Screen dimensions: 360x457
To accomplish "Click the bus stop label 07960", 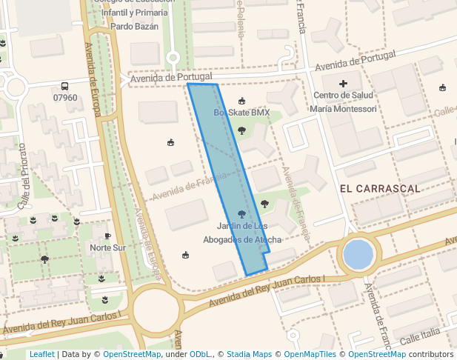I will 65,98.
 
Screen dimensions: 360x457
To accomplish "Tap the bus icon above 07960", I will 65,86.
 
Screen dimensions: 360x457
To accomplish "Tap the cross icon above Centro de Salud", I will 343,84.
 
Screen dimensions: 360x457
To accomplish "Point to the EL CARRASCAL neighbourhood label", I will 380,189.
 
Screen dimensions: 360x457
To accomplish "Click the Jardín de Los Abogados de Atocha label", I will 242,233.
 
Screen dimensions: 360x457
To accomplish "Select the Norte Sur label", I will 107,247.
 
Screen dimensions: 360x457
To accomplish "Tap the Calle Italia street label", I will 420,338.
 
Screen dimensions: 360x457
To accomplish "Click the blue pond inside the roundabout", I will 358,255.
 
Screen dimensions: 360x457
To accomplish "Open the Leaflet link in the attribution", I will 41,354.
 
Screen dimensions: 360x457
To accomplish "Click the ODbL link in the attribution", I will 199,354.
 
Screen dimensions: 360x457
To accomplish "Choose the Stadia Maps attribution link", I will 249,354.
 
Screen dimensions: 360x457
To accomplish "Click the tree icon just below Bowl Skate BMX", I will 241,130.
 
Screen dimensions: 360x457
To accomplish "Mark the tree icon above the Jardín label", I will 241,214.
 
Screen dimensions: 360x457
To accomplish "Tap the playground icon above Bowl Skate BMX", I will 241,101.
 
